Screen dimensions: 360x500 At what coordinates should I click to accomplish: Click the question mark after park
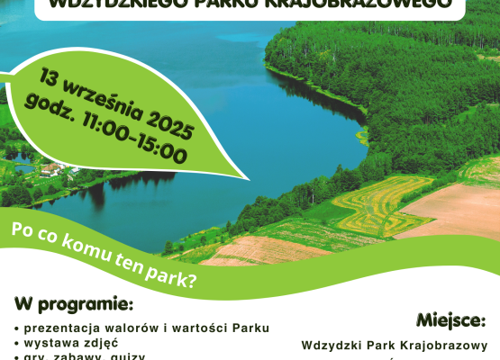click(x=193, y=279)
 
